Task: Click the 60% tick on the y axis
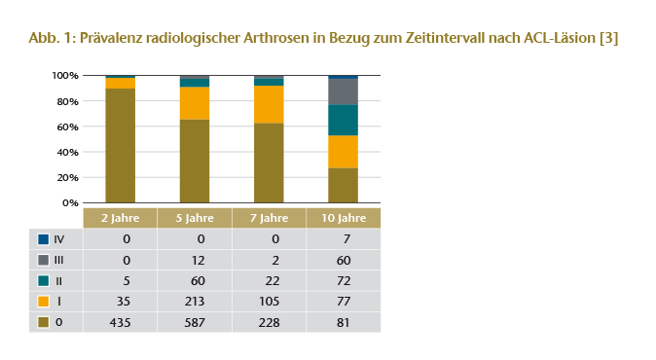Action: (x=65, y=126)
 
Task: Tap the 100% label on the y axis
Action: (x=63, y=75)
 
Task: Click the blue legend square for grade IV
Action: (x=43, y=239)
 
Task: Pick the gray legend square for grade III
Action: (x=43, y=260)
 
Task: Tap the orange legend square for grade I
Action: (x=43, y=302)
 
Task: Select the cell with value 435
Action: (x=120, y=322)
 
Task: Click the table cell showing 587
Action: (x=194, y=322)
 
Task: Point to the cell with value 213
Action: (x=194, y=302)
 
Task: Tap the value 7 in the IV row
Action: (x=343, y=239)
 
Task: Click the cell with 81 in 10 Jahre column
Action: (x=343, y=322)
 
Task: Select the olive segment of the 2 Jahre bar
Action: (x=120, y=146)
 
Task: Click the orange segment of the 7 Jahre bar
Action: (x=269, y=104)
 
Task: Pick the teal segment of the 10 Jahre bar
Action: (x=343, y=120)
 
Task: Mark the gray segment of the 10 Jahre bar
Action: (x=343, y=91)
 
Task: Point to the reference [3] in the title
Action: (x=609, y=38)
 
